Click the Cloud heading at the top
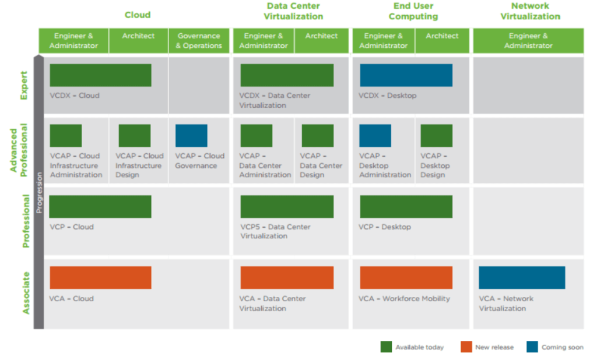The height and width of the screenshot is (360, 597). (138, 15)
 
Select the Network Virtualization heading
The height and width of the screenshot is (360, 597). (530, 11)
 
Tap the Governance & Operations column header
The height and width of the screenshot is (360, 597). (199, 41)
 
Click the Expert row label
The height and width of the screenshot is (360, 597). (24, 86)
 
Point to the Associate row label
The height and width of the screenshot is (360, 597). (25, 293)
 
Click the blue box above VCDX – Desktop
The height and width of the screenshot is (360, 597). (406, 75)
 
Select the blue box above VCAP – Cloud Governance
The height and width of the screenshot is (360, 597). (191, 136)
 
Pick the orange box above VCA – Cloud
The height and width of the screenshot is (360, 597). (100, 277)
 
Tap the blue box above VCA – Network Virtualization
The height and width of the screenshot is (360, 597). (522, 277)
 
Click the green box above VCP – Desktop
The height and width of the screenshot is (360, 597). (406, 207)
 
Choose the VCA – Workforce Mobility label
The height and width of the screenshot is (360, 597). (404, 299)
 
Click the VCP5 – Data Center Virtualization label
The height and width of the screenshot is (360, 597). (275, 231)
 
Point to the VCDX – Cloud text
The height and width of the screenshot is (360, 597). (74, 96)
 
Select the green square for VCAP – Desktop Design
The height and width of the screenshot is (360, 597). (436, 136)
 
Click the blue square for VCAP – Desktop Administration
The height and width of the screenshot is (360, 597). (375, 136)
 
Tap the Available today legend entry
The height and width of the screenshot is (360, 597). (419, 347)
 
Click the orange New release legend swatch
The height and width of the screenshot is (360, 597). (466, 347)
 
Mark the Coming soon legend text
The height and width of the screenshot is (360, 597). (562, 347)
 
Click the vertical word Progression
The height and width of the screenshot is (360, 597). (39, 192)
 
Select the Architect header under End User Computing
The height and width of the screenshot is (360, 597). (442, 36)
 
